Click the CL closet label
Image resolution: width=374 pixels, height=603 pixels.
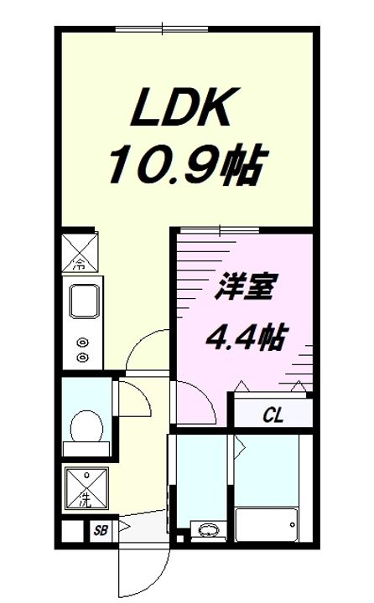[x=272, y=414]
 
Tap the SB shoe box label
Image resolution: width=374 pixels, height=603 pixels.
[x=101, y=530]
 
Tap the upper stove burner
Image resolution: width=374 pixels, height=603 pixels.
[x=82, y=342]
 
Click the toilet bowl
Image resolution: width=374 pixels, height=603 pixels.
[x=86, y=425]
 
